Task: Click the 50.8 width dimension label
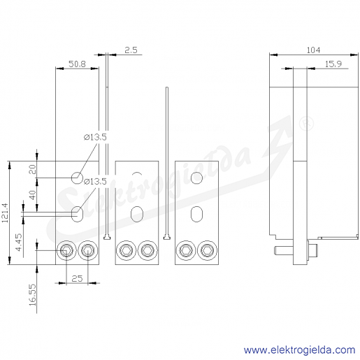point(77,64)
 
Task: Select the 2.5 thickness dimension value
point(131,50)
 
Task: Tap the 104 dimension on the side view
point(313,50)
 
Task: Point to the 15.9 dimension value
point(333,64)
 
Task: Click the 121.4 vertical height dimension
point(5,213)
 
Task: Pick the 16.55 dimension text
point(33,294)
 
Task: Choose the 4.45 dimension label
point(19,242)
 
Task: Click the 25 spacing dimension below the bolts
point(77,278)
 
